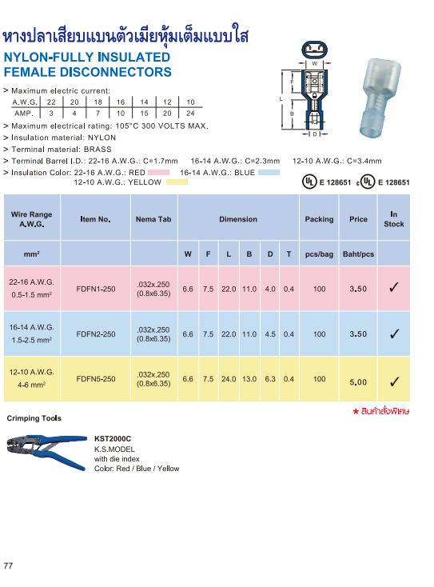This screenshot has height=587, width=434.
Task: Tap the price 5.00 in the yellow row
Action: click(358, 381)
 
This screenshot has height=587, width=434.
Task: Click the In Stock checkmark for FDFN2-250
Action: click(394, 333)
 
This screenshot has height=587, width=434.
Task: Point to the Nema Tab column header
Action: click(153, 218)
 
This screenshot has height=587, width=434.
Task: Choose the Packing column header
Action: click(320, 218)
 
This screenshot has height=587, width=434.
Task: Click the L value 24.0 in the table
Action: click(229, 379)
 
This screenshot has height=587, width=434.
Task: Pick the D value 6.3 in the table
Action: click(270, 379)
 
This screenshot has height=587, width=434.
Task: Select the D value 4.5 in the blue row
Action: click(270, 334)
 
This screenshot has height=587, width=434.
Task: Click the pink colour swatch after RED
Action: click(159, 172)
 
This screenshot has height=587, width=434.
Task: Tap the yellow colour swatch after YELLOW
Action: click(176, 182)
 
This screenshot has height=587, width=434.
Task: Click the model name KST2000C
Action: click(113, 439)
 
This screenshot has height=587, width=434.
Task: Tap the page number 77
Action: click(9, 566)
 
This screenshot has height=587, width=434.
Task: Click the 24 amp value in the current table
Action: click(190, 114)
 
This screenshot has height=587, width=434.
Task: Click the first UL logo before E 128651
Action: click(309, 182)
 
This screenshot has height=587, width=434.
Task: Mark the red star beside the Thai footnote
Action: click(356, 411)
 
